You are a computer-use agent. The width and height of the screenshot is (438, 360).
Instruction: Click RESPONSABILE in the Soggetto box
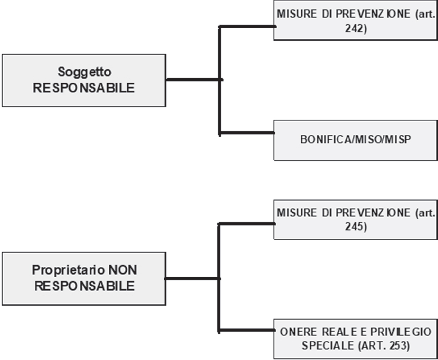[84, 88]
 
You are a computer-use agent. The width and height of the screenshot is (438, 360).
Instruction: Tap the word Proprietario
[68, 270]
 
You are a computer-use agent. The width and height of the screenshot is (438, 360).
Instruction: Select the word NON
[123, 270]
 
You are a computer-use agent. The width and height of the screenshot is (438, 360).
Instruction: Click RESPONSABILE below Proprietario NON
[84, 286]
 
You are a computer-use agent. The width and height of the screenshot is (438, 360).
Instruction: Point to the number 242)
[356, 29]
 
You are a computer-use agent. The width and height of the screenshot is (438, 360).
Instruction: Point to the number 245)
[356, 226]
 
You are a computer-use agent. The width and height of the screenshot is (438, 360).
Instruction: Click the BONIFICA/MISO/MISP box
[356, 140]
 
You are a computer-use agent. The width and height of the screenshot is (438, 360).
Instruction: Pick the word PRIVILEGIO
[401, 332]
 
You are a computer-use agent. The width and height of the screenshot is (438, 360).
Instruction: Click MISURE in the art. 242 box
[297, 14]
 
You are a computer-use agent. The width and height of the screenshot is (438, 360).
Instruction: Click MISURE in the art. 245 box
[297, 213]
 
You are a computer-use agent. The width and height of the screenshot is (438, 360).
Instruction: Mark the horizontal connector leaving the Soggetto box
[194, 80]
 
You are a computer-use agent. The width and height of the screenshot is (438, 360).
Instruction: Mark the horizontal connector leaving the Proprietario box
[192, 278]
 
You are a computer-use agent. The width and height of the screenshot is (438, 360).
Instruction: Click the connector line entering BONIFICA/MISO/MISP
[247, 133]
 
